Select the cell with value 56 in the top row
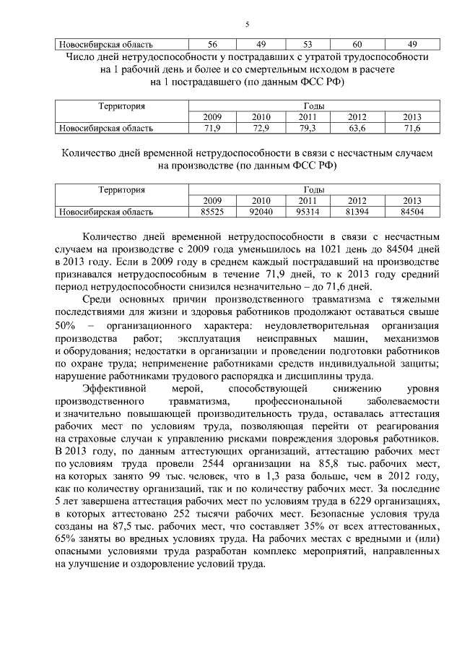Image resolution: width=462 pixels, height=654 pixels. click(x=212, y=43)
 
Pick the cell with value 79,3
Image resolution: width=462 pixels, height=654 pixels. click(x=308, y=128)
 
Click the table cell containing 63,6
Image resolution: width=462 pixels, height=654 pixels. click(x=357, y=128)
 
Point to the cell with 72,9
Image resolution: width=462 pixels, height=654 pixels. click(x=260, y=128)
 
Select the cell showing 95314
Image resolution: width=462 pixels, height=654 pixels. click(x=308, y=212)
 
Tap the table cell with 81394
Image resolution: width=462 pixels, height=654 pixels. click(x=357, y=212)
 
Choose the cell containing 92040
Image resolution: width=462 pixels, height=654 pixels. click(x=260, y=212)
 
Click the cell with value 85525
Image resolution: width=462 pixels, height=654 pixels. click(x=212, y=212)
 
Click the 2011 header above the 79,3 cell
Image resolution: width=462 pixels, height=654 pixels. click(x=308, y=117)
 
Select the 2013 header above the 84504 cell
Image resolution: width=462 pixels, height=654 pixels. click(x=411, y=201)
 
